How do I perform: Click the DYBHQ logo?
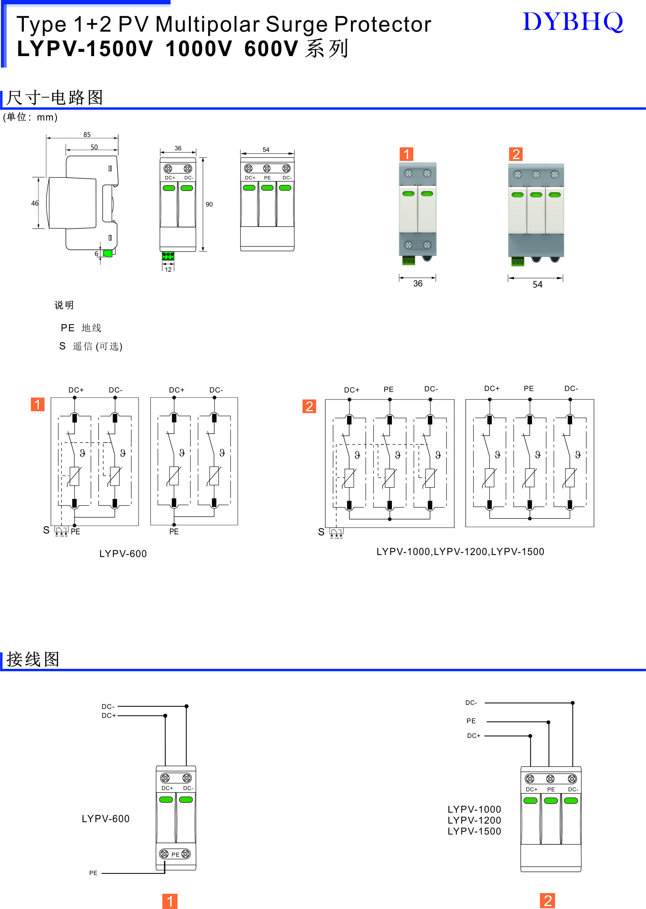(573, 22)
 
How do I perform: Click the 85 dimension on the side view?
(87, 134)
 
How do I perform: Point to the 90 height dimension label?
(209, 204)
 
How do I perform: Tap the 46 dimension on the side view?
(35, 203)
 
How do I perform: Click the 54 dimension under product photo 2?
(537, 284)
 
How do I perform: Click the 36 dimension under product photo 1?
(418, 284)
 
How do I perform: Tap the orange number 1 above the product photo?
(406, 154)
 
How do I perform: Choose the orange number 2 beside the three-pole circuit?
(309, 406)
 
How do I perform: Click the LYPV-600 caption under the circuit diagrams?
(123, 554)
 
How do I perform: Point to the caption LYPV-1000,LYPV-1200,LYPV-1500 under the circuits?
(460, 552)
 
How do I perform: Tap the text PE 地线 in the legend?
(81, 328)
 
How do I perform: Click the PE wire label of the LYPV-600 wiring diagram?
(93, 873)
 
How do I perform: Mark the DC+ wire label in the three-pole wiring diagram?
(473, 736)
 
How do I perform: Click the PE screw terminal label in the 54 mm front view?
(267, 178)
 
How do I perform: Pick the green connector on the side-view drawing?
(107, 253)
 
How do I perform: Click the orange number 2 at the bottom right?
(548, 901)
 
